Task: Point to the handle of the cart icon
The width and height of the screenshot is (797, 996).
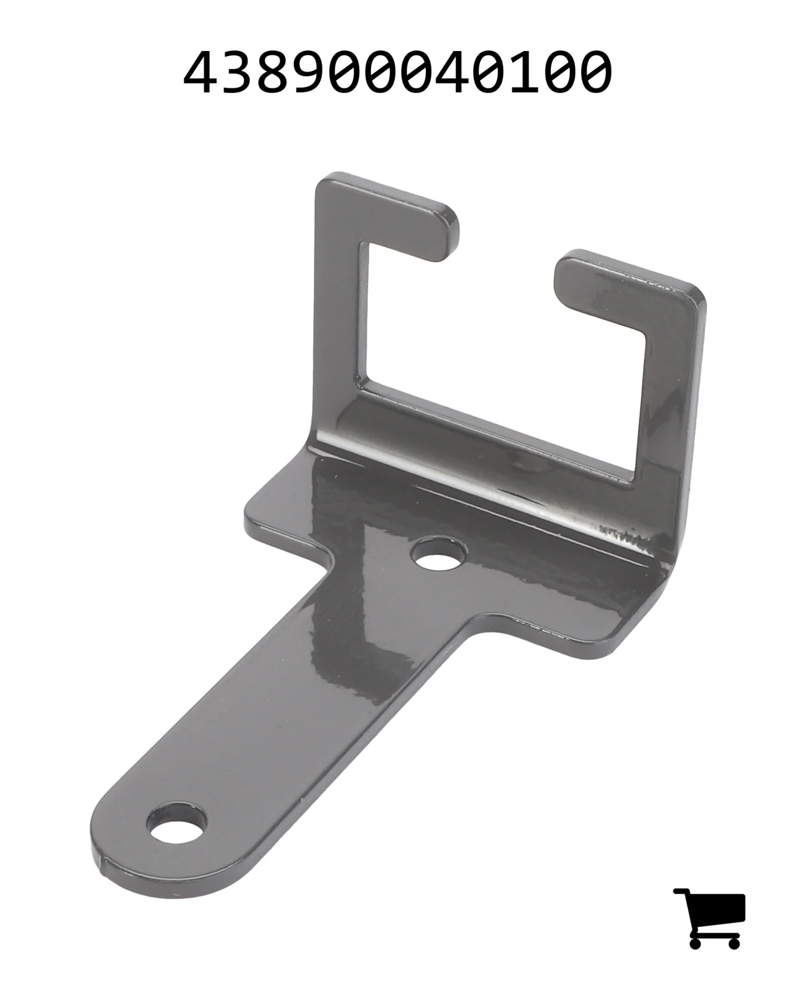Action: coord(681,891)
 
